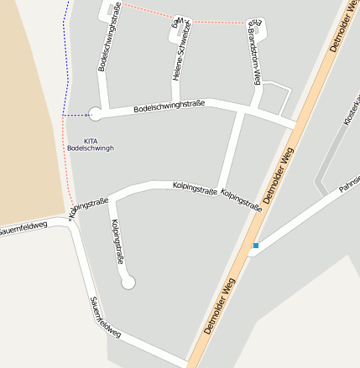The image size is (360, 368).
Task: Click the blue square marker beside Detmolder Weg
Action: [255, 246]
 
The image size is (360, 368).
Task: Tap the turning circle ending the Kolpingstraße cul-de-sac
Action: [128, 282]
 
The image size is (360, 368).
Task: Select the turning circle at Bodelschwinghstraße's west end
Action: [96, 114]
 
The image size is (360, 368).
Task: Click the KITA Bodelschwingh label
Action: [90, 144]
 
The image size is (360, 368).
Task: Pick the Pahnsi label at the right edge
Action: [349, 184]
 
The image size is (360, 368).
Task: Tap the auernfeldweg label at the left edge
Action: [23, 228]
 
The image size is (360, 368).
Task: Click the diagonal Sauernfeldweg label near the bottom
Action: [106, 318]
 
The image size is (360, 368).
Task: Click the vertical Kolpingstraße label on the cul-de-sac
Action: [117, 241]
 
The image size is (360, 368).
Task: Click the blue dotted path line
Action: [66, 50]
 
